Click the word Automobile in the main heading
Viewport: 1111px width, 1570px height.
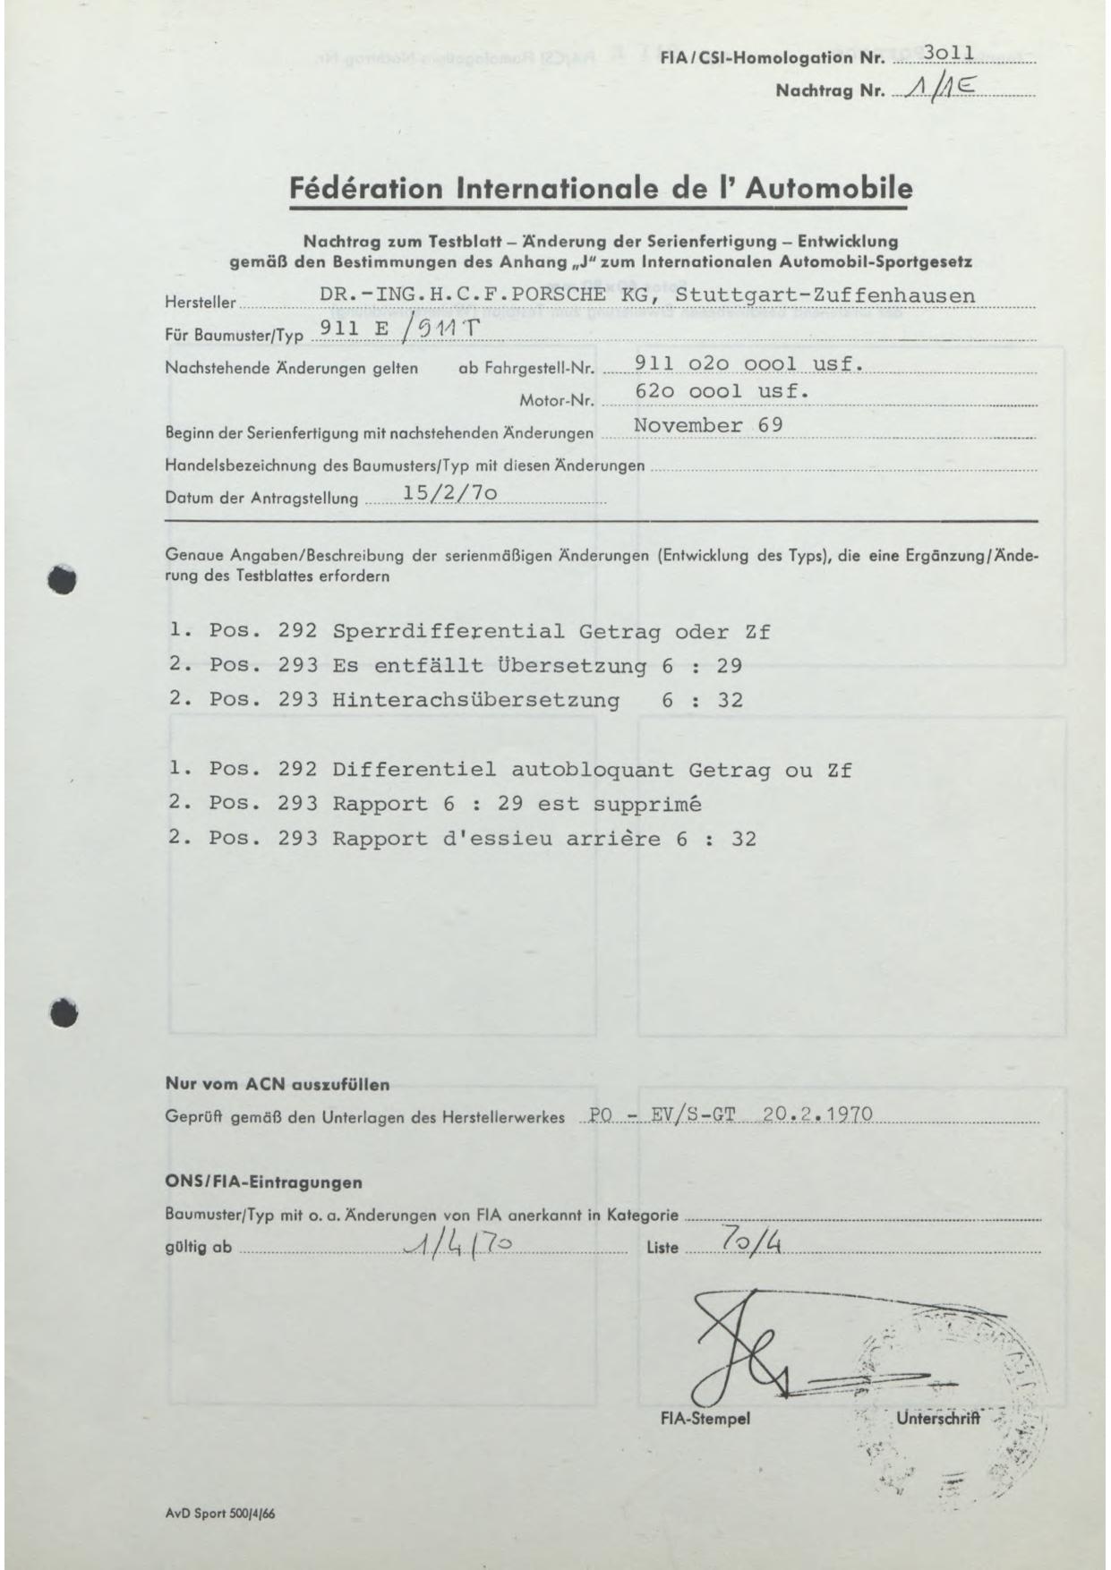(829, 189)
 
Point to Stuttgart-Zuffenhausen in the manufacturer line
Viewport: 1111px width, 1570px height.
(825, 294)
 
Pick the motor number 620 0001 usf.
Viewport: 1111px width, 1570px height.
(722, 391)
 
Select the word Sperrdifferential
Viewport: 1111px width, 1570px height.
(449, 631)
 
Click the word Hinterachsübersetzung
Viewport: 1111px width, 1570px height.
(475, 699)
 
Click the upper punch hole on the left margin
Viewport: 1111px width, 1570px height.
(63, 579)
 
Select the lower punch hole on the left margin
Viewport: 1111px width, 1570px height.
(63, 1012)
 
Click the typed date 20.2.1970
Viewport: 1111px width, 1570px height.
(816, 1115)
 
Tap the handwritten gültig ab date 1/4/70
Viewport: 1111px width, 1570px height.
(457, 1245)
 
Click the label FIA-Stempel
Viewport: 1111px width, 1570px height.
(705, 1419)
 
